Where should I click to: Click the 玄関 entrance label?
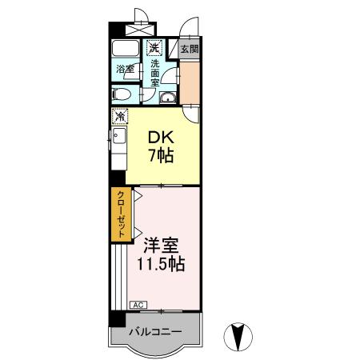click(x=190, y=49)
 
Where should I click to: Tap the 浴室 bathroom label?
click(x=124, y=70)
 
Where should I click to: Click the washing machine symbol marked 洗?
click(x=153, y=48)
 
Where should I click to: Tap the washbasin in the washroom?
click(x=168, y=98)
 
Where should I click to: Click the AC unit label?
click(x=137, y=305)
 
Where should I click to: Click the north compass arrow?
click(x=237, y=336)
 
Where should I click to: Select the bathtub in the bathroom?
click(x=125, y=47)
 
